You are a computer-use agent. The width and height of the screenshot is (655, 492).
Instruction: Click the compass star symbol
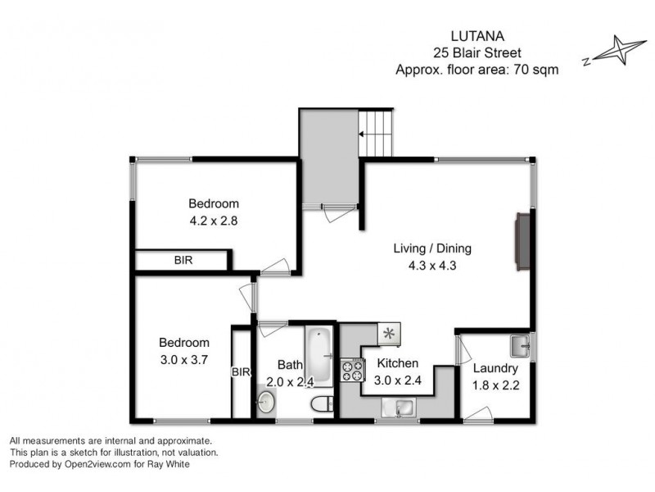click(619, 51)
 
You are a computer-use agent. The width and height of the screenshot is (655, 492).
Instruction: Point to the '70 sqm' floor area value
click(536, 70)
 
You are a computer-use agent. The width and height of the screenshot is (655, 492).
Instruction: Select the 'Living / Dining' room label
click(432, 248)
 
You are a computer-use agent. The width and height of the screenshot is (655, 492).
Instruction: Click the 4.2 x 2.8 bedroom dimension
click(213, 220)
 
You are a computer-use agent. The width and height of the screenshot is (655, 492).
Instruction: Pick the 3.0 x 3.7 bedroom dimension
click(183, 358)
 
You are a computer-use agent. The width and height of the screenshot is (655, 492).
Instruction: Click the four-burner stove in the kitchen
click(352, 371)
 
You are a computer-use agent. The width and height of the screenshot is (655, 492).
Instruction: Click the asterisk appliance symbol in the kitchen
click(389, 333)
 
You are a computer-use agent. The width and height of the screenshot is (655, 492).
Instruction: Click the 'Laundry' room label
click(495, 368)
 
